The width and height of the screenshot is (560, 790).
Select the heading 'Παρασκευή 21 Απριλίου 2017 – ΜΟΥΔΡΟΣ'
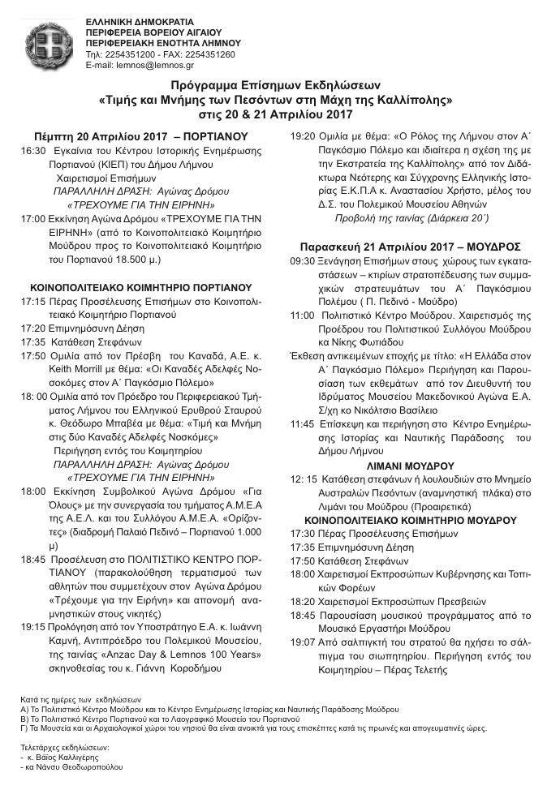[x=410, y=245]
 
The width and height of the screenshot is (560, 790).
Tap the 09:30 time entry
[x=303, y=264]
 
